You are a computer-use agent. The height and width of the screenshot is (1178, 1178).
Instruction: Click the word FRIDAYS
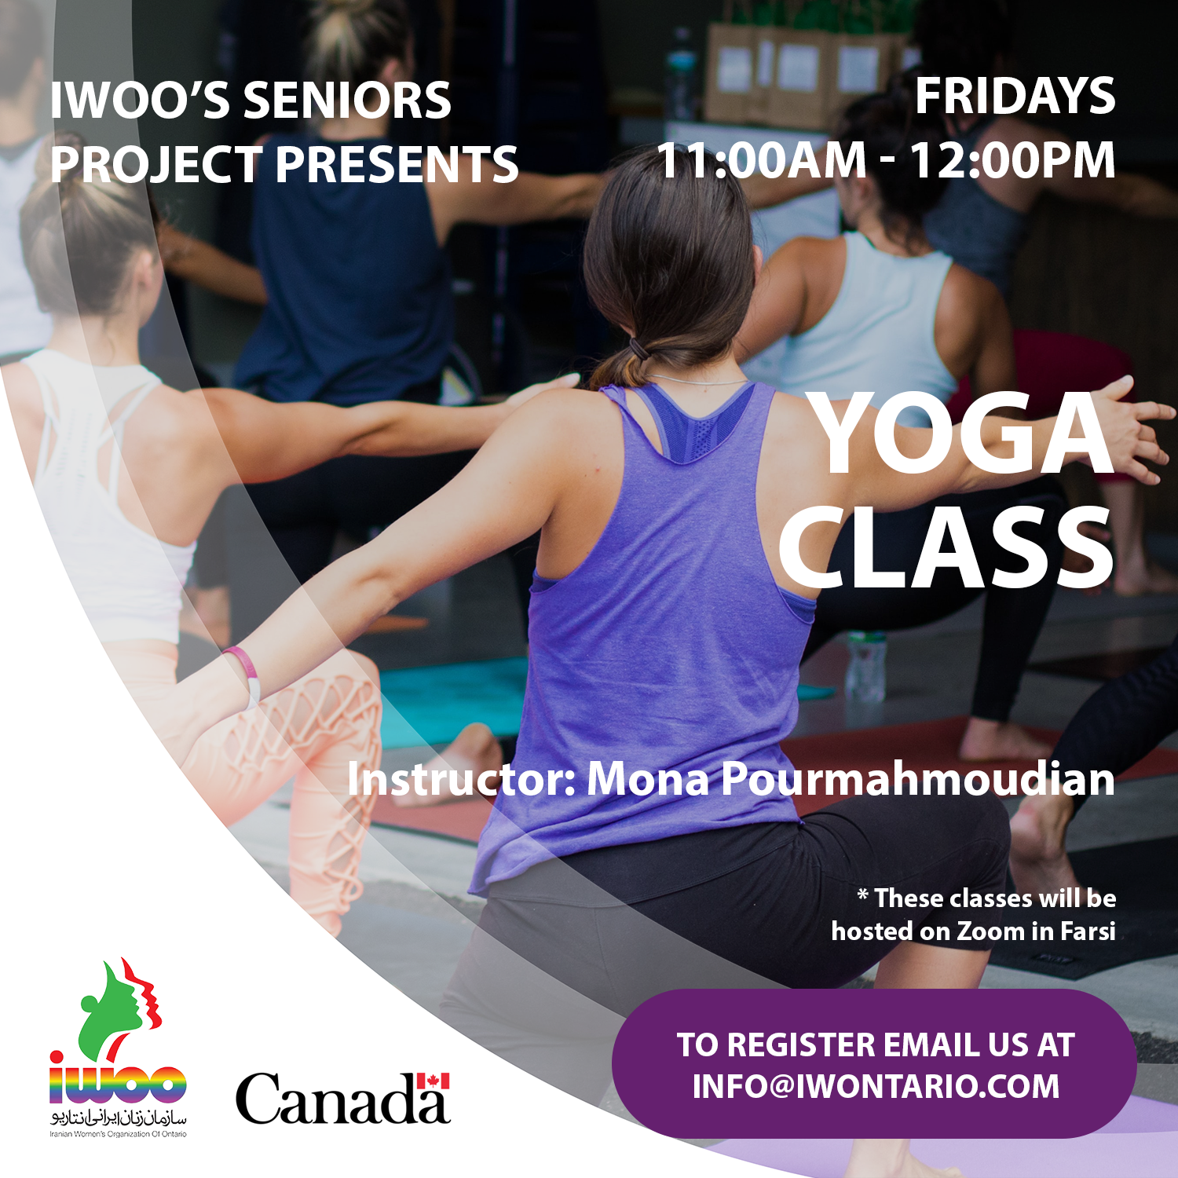[1015, 97]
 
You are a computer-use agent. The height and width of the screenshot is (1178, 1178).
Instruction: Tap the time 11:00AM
[761, 160]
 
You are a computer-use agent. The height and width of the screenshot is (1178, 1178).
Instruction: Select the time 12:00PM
[1012, 160]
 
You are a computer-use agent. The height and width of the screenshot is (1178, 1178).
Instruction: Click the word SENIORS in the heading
[347, 101]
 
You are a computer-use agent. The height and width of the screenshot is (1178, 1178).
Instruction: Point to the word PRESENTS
[397, 165]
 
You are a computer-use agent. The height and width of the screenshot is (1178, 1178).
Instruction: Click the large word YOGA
[963, 434]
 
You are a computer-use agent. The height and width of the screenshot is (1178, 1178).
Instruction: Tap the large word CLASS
[946, 547]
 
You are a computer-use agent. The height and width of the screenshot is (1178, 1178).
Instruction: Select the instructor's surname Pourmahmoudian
[917, 780]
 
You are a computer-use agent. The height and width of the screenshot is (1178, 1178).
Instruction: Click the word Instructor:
[462, 779]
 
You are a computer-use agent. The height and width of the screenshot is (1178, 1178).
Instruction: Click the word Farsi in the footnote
[1088, 931]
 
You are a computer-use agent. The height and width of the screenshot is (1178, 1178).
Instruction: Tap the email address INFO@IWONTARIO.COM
[876, 1087]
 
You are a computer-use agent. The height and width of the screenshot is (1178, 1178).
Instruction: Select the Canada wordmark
[343, 1099]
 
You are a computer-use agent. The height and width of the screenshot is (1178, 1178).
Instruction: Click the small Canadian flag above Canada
[433, 1081]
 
